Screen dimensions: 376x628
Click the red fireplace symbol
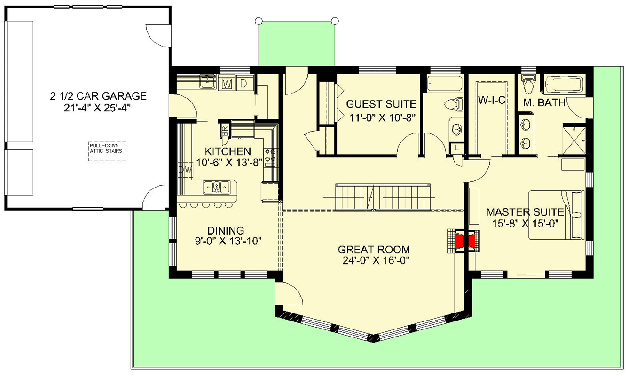tap(463, 241)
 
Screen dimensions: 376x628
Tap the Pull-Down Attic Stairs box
tap(107, 151)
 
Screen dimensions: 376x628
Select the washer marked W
tap(227, 84)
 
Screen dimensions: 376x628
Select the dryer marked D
tap(243, 84)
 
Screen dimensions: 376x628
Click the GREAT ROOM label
tap(374, 250)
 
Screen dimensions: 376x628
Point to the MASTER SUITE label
tap(525, 211)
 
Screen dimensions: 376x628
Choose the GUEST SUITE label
tap(381, 104)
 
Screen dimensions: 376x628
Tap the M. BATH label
tap(544, 102)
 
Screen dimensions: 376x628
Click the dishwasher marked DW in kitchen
tap(186, 168)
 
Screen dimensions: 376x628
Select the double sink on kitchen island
tap(216, 188)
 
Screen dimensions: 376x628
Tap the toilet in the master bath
tap(529, 85)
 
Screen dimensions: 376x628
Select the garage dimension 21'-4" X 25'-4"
tap(98, 107)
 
